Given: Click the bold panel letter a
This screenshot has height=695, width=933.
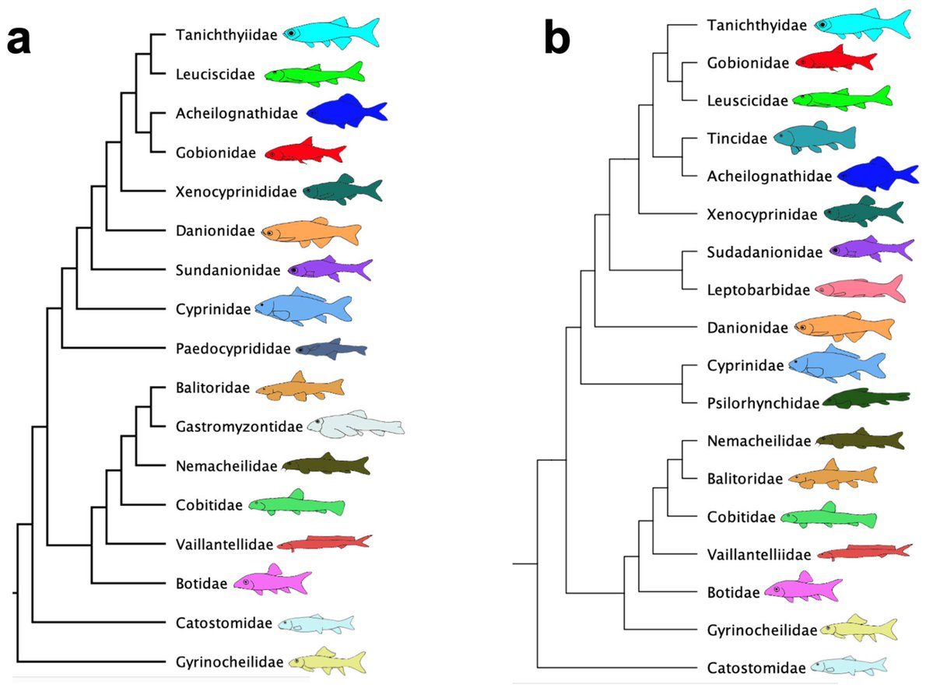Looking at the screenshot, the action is tap(19, 40).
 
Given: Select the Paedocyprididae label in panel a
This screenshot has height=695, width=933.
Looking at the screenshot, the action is tap(233, 349).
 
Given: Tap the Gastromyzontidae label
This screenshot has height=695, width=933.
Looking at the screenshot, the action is tap(239, 426).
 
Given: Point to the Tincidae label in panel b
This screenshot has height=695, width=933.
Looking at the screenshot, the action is tap(737, 139).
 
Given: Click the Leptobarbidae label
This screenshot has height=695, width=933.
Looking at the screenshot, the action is tap(758, 290).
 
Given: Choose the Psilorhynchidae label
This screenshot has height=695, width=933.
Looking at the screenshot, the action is tap(763, 403).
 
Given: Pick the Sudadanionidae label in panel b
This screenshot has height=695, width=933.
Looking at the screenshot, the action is tap(765, 252).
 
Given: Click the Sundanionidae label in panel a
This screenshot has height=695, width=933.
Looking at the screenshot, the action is tap(228, 270).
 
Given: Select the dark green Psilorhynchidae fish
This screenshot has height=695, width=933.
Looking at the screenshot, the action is tap(866, 398).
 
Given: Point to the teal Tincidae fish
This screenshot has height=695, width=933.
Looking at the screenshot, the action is tap(815, 138).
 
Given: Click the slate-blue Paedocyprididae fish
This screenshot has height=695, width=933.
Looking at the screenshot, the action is tap(331, 349).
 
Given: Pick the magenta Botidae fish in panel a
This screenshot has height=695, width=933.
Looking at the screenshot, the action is tap(272, 580).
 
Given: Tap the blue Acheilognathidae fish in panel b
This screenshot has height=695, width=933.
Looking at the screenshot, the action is tap(878, 174).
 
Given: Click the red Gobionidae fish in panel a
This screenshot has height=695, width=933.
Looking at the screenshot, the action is tap(305, 151).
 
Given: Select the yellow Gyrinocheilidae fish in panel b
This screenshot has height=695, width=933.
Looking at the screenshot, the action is tap(858, 628).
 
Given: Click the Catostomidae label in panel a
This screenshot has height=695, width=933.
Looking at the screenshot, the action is tap(224, 623).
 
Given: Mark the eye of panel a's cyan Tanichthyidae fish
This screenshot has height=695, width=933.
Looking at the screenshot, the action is tap(290, 33).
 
